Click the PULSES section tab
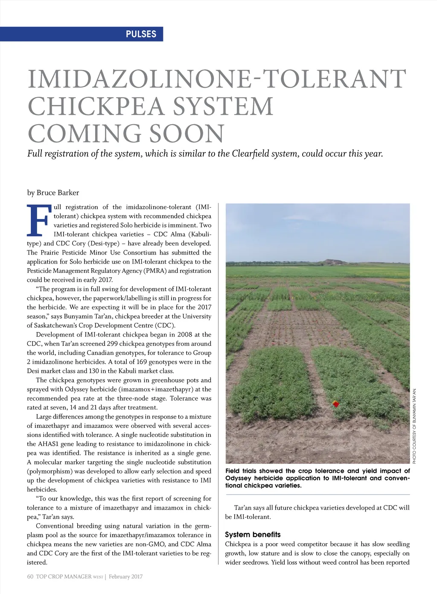(141, 34)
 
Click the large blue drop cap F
(39, 220)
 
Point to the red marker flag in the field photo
(336, 404)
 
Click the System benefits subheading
(253, 535)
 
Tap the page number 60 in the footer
(30, 576)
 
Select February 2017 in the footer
(125, 576)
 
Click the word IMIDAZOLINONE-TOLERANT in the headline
(217, 79)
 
